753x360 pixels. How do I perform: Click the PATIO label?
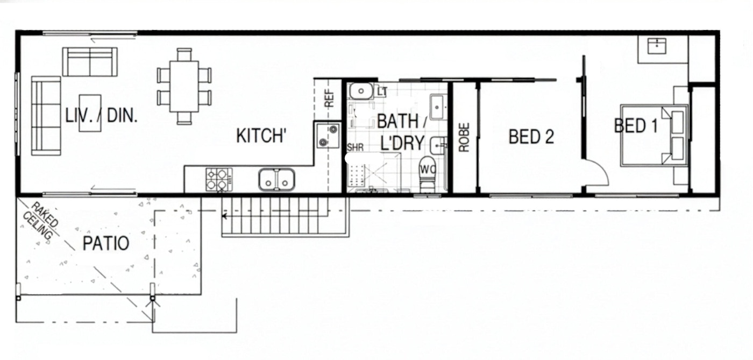[106, 243]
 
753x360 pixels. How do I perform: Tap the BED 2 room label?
[531, 137]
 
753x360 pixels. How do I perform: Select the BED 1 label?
[635, 125]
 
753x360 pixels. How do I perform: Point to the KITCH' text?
[261, 136]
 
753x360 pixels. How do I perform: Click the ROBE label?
[464, 137]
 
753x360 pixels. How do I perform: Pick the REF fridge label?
[329, 98]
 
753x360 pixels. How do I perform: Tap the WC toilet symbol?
[428, 175]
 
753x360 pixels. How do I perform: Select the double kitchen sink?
[276, 180]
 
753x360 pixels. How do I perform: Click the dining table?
[184, 86]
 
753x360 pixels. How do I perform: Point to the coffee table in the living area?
[90, 113]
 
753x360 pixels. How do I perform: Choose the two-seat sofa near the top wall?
[90, 62]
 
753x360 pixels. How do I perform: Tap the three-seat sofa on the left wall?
[46, 116]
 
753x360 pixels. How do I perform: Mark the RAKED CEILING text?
[41, 221]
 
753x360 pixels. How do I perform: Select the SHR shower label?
[356, 147]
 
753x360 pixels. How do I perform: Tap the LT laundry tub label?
[382, 91]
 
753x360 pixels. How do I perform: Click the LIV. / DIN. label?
[102, 116]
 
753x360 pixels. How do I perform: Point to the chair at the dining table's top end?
[184, 54]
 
